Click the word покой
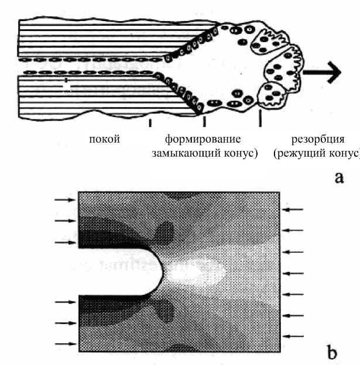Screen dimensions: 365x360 pyautogui.click(x=105, y=139)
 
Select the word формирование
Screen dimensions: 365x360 pyautogui.click(x=203, y=139)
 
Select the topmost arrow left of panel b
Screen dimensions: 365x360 pyautogui.click(x=65, y=200)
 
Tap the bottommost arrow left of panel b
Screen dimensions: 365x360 pyautogui.click(x=65, y=343)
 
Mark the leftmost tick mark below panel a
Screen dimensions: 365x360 pyautogui.click(x=150, y=123)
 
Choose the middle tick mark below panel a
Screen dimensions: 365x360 pyautogui.click(x=204, y=122)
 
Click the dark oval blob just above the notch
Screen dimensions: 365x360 pyautogui.click(x=166, y=230)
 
